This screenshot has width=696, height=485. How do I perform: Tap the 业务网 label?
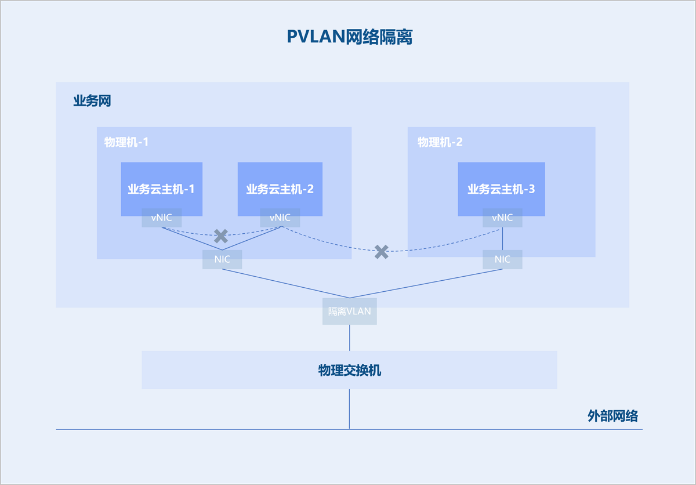click(x=92, y=102)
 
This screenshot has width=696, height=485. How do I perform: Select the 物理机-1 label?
click(x=126, y=142)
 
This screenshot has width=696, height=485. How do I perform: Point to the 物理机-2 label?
click(x=440, y=142)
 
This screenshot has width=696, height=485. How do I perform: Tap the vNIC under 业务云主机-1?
click(x=162, y=218)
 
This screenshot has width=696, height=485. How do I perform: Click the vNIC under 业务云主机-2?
click(x=280, y=218)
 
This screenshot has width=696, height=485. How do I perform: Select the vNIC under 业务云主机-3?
click(x=502, y=218)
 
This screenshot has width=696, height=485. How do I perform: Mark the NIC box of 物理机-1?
click(x=222, y=259)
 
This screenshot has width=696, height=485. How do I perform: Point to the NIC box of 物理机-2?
click(x=502, y=259)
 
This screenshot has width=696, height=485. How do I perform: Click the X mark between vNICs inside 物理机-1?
click(x=221, y=236)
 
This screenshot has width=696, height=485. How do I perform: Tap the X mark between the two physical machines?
click(x=381, y=252)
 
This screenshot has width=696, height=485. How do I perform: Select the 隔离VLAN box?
click(x=349, y=311)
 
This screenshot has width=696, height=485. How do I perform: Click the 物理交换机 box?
click(x=349, y=370)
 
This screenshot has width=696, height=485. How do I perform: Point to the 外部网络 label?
click(x=612, y=416)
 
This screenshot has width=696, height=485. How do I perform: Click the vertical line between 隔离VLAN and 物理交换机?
click(x=349, y=338)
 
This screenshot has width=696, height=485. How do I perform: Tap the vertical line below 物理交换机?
click(x=349, y=409)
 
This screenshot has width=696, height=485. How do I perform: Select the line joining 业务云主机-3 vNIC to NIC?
click(x=502, y=238)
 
